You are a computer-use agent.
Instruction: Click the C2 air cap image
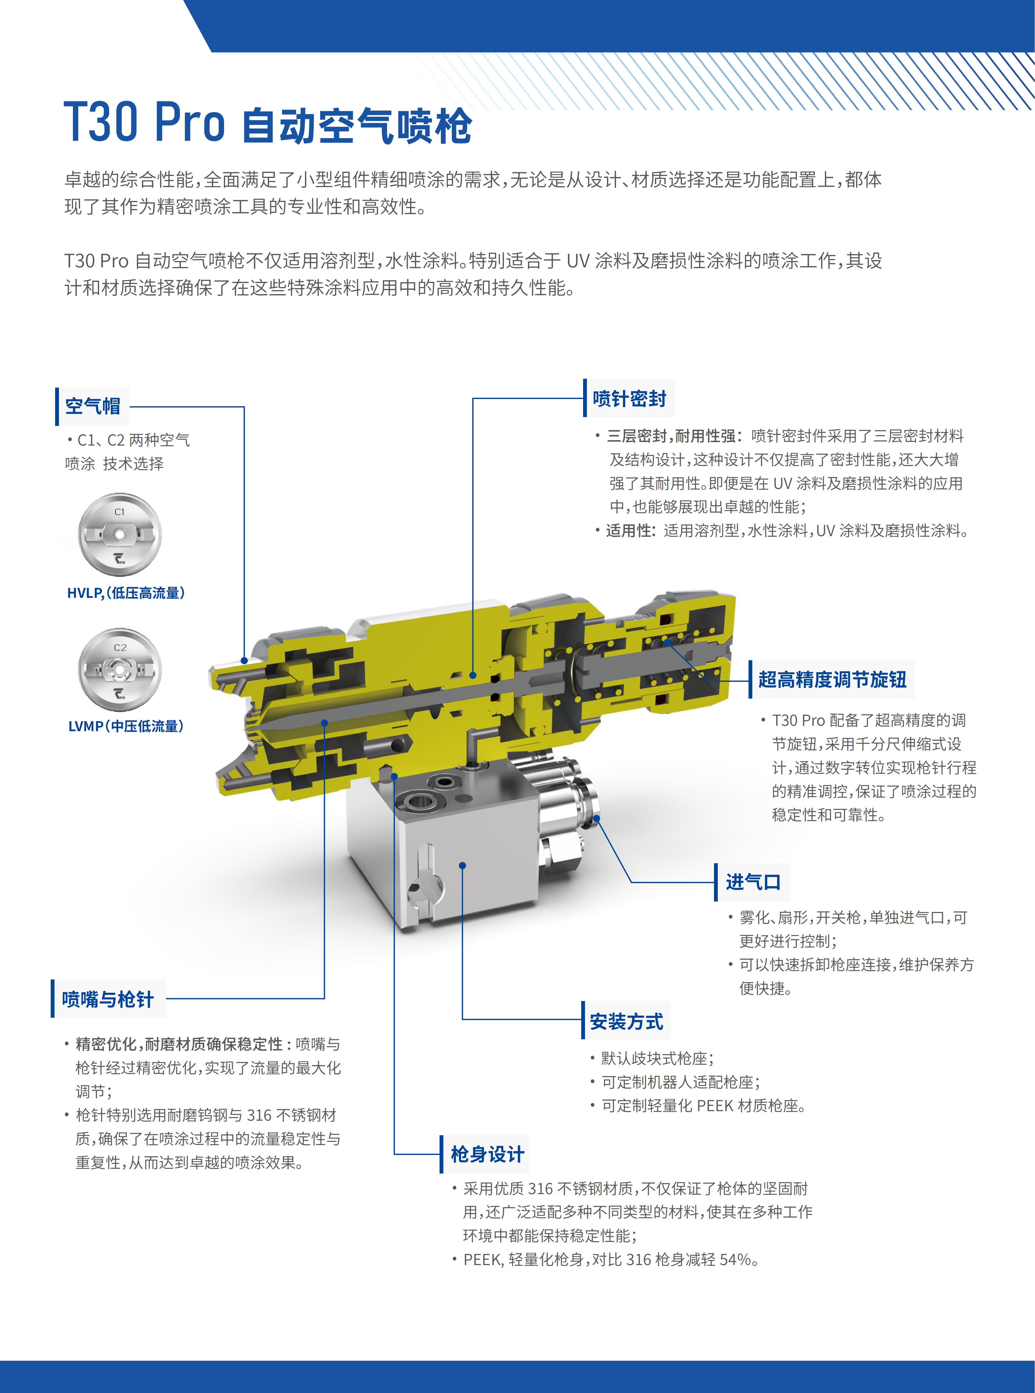point(120,669)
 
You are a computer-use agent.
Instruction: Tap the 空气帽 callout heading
point(93,406)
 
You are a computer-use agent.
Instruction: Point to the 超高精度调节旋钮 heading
point(832,679)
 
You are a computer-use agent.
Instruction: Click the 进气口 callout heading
point(753,882)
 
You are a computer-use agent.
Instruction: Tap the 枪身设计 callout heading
point(487,1154)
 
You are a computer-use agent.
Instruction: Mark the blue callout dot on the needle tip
point(325,723)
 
